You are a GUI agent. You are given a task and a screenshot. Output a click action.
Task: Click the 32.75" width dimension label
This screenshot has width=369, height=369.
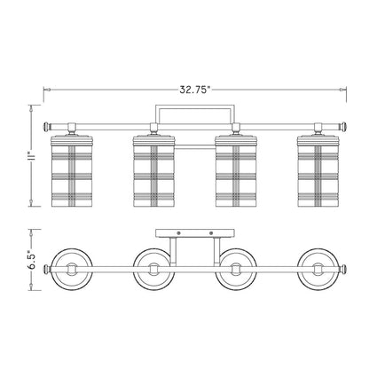point(194,90)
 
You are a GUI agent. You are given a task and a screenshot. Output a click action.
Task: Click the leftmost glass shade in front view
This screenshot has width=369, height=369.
point(72,170)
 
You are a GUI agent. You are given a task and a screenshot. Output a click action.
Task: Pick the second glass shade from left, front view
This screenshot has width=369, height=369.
point(153,170)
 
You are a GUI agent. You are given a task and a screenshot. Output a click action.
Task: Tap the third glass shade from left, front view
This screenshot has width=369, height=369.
point(236,170)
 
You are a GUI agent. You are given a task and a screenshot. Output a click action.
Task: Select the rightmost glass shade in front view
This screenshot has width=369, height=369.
point(318,170)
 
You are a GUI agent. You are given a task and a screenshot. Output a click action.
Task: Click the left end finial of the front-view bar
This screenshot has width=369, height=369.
point(47,127)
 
